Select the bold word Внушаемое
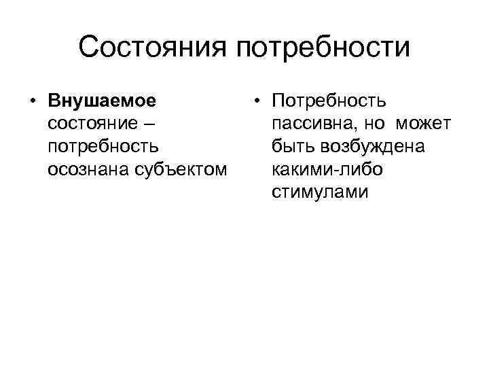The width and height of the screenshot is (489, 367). coord(102,102)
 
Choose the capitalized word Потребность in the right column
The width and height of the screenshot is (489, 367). coord(329,102)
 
